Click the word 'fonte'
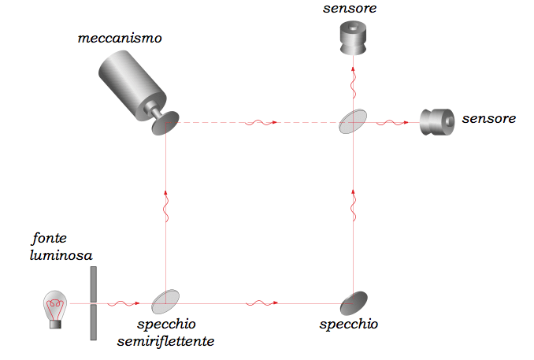(49, 237)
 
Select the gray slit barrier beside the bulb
(93, 304)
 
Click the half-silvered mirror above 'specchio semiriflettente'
(165, 301)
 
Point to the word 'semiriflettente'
(166, 341)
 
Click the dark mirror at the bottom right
(354, 301)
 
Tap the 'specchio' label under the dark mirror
(349, 325)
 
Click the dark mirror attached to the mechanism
(165, 123)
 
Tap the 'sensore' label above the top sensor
(350, 9)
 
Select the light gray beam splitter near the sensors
(354, 122)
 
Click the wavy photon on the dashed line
(259, 123)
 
